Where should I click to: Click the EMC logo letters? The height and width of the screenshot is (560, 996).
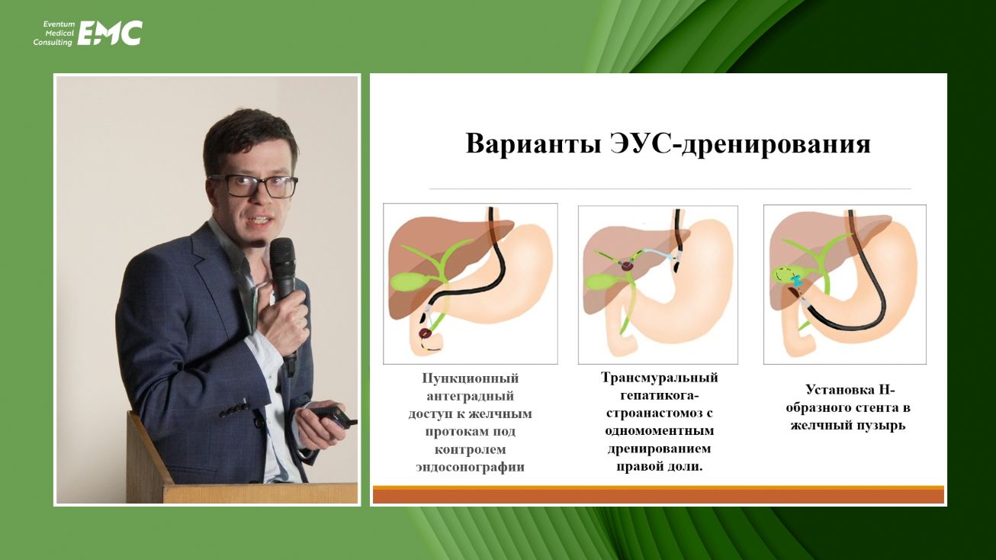pos(110,33)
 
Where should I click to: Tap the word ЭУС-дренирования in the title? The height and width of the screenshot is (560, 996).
pos(772,143)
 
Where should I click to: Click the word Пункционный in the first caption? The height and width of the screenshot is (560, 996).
pos(471,378)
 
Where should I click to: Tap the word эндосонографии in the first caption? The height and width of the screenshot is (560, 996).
pos(470,467)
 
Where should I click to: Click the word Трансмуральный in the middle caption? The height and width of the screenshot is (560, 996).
pos(659,378)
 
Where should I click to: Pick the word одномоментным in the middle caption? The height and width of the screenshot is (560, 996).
pos(659,431)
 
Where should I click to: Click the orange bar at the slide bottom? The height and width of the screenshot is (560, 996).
pos(658,496)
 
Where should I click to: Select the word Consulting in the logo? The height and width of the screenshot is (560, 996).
pos(53,43)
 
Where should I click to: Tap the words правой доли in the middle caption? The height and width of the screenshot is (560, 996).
pos(659,465)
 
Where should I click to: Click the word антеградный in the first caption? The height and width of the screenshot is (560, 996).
pos(471,396)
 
